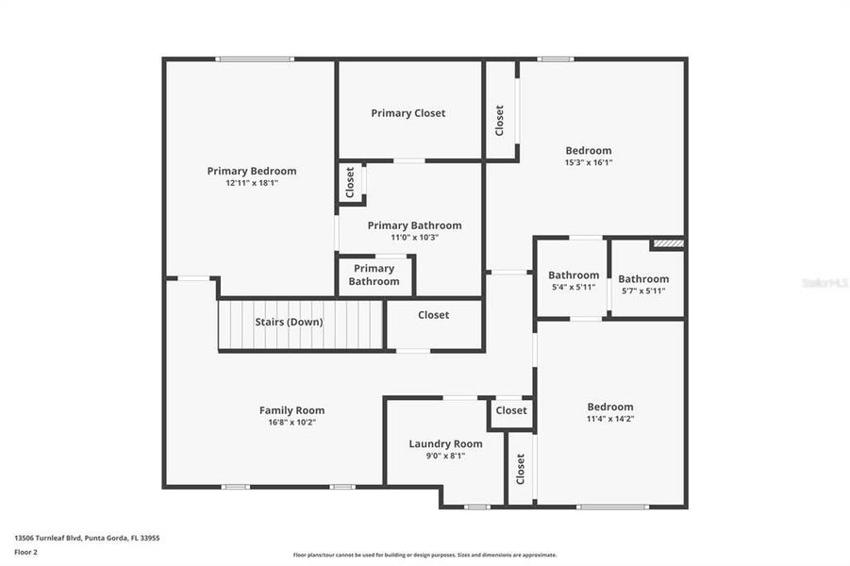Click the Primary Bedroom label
point(252,171)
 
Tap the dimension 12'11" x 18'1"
point(252,183)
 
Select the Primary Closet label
point(408,113)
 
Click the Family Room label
point(292,410)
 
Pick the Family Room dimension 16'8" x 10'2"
point(292,423)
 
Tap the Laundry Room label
point(445,443)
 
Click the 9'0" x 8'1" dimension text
point(445,456)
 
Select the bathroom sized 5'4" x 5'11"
point(574,280)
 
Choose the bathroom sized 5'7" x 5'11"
point(643,284)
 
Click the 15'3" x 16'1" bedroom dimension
point(589,162)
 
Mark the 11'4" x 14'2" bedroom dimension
point(610,419)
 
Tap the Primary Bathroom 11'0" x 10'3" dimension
point(414,238)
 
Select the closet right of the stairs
point(434,315)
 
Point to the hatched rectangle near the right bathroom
point(668,243)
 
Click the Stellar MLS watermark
point(824,282)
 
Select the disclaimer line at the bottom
point(425,555)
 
